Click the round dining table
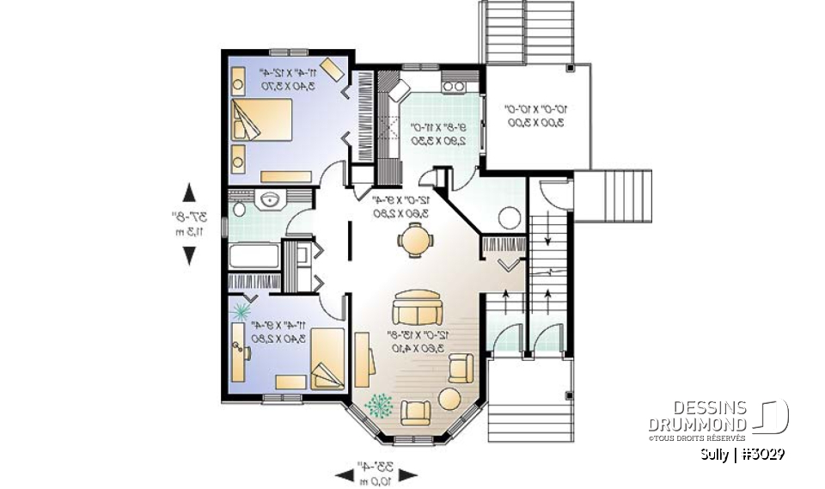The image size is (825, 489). click(416, 240)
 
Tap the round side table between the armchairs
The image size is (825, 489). click(449, 399)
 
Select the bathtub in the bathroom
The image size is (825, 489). click(254, 256)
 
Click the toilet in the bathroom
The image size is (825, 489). click(238, 208)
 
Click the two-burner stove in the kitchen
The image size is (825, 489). click(453, 85)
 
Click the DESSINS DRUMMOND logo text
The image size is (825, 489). click(697, 414)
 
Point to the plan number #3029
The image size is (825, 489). click(760, 452)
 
